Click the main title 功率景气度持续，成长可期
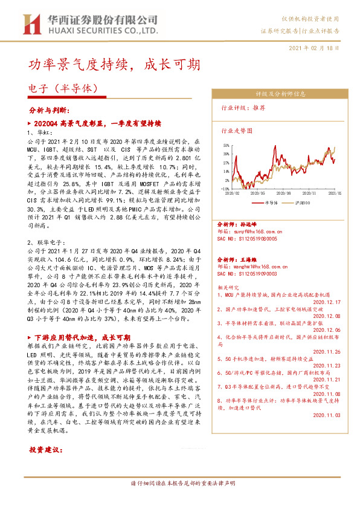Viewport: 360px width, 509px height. click(114, 65)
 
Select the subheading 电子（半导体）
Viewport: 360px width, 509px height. click(63, 88)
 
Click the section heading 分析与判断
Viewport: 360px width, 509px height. click(50, 111)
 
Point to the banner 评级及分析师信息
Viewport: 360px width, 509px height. click(278, 94)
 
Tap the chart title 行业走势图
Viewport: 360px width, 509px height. click(237, 130)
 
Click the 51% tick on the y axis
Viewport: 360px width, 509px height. click(225, 146)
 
